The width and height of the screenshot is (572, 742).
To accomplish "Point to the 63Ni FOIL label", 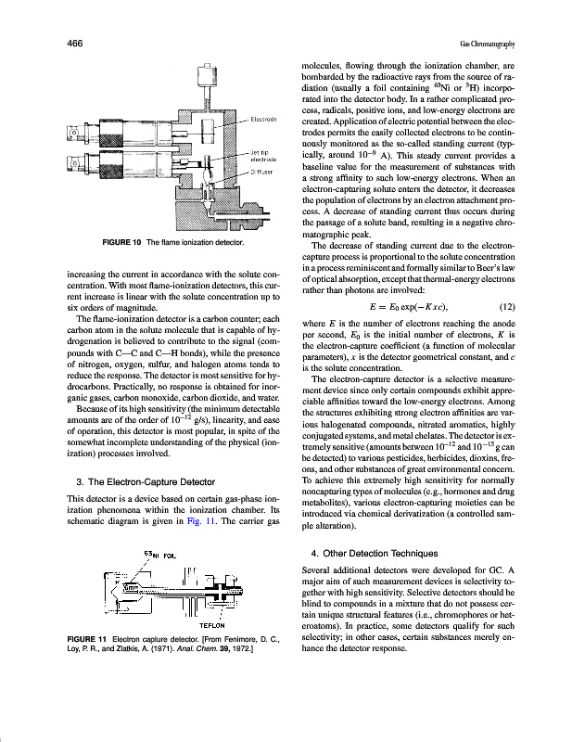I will click(x=159, y=556).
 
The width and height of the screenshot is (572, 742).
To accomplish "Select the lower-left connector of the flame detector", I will click(x=82, y=167).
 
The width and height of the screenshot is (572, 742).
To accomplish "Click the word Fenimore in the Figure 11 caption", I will click(x=239, y=640).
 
